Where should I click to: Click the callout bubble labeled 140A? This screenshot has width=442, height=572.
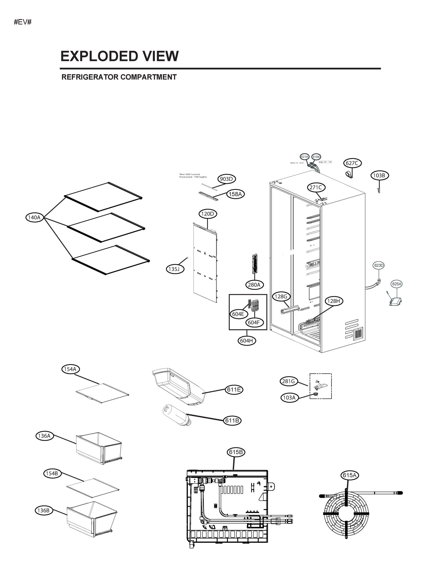tap(34, 217)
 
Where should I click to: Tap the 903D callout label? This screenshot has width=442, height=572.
tap(227, 179)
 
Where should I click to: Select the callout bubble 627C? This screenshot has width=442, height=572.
tap(352, 163)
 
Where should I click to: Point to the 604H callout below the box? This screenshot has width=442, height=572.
tap(246, 341)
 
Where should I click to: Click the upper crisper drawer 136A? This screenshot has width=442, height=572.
tap(99, 448)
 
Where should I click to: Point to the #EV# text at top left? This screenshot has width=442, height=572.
tap(23, 22)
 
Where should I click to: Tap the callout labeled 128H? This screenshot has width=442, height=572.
tap(334, 301)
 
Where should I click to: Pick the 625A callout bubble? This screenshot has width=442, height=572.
tap(396, 284)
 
